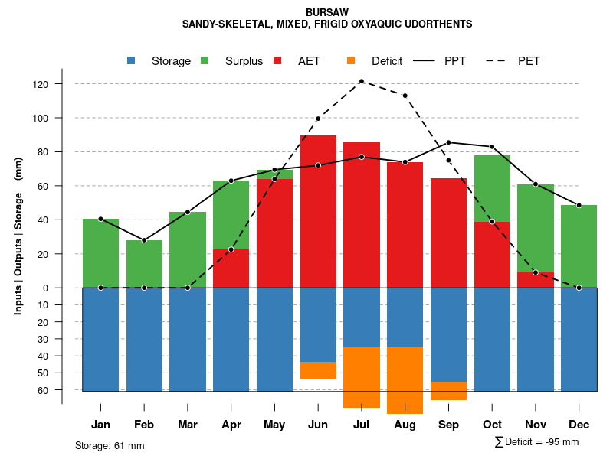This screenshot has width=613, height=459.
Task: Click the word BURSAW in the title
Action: [326, 13]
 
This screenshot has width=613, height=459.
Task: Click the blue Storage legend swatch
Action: [132, 60]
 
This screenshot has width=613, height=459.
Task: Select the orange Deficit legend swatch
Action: [352, 60]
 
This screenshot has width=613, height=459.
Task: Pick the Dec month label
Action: [579, 425]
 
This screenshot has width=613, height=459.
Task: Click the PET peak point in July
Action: [361, 81]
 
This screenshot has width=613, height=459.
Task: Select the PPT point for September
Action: [448, 142]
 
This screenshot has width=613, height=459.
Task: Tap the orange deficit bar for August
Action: [405, 380]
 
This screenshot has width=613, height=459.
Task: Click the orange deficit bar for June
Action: [318, 370]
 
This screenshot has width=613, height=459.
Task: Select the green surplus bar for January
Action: [100, 253]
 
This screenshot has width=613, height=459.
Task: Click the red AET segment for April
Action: [231, 269]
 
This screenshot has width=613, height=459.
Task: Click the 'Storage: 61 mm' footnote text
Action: [110, 445]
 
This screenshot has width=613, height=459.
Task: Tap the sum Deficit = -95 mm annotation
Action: [536, 441]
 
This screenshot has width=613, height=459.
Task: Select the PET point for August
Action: [405, 96]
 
